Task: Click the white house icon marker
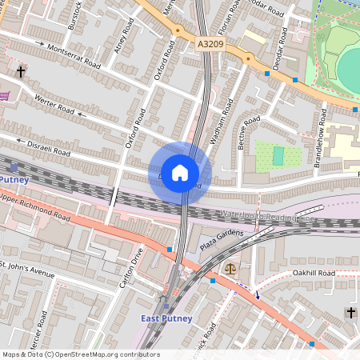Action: point(180,173)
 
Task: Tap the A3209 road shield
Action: point(210,46)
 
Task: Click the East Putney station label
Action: point(166,318)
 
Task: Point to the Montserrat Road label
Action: point(74,54)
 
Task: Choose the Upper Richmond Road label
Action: point(35,206)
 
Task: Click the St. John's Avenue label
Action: point(27,268)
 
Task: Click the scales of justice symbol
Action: point(231,270)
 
